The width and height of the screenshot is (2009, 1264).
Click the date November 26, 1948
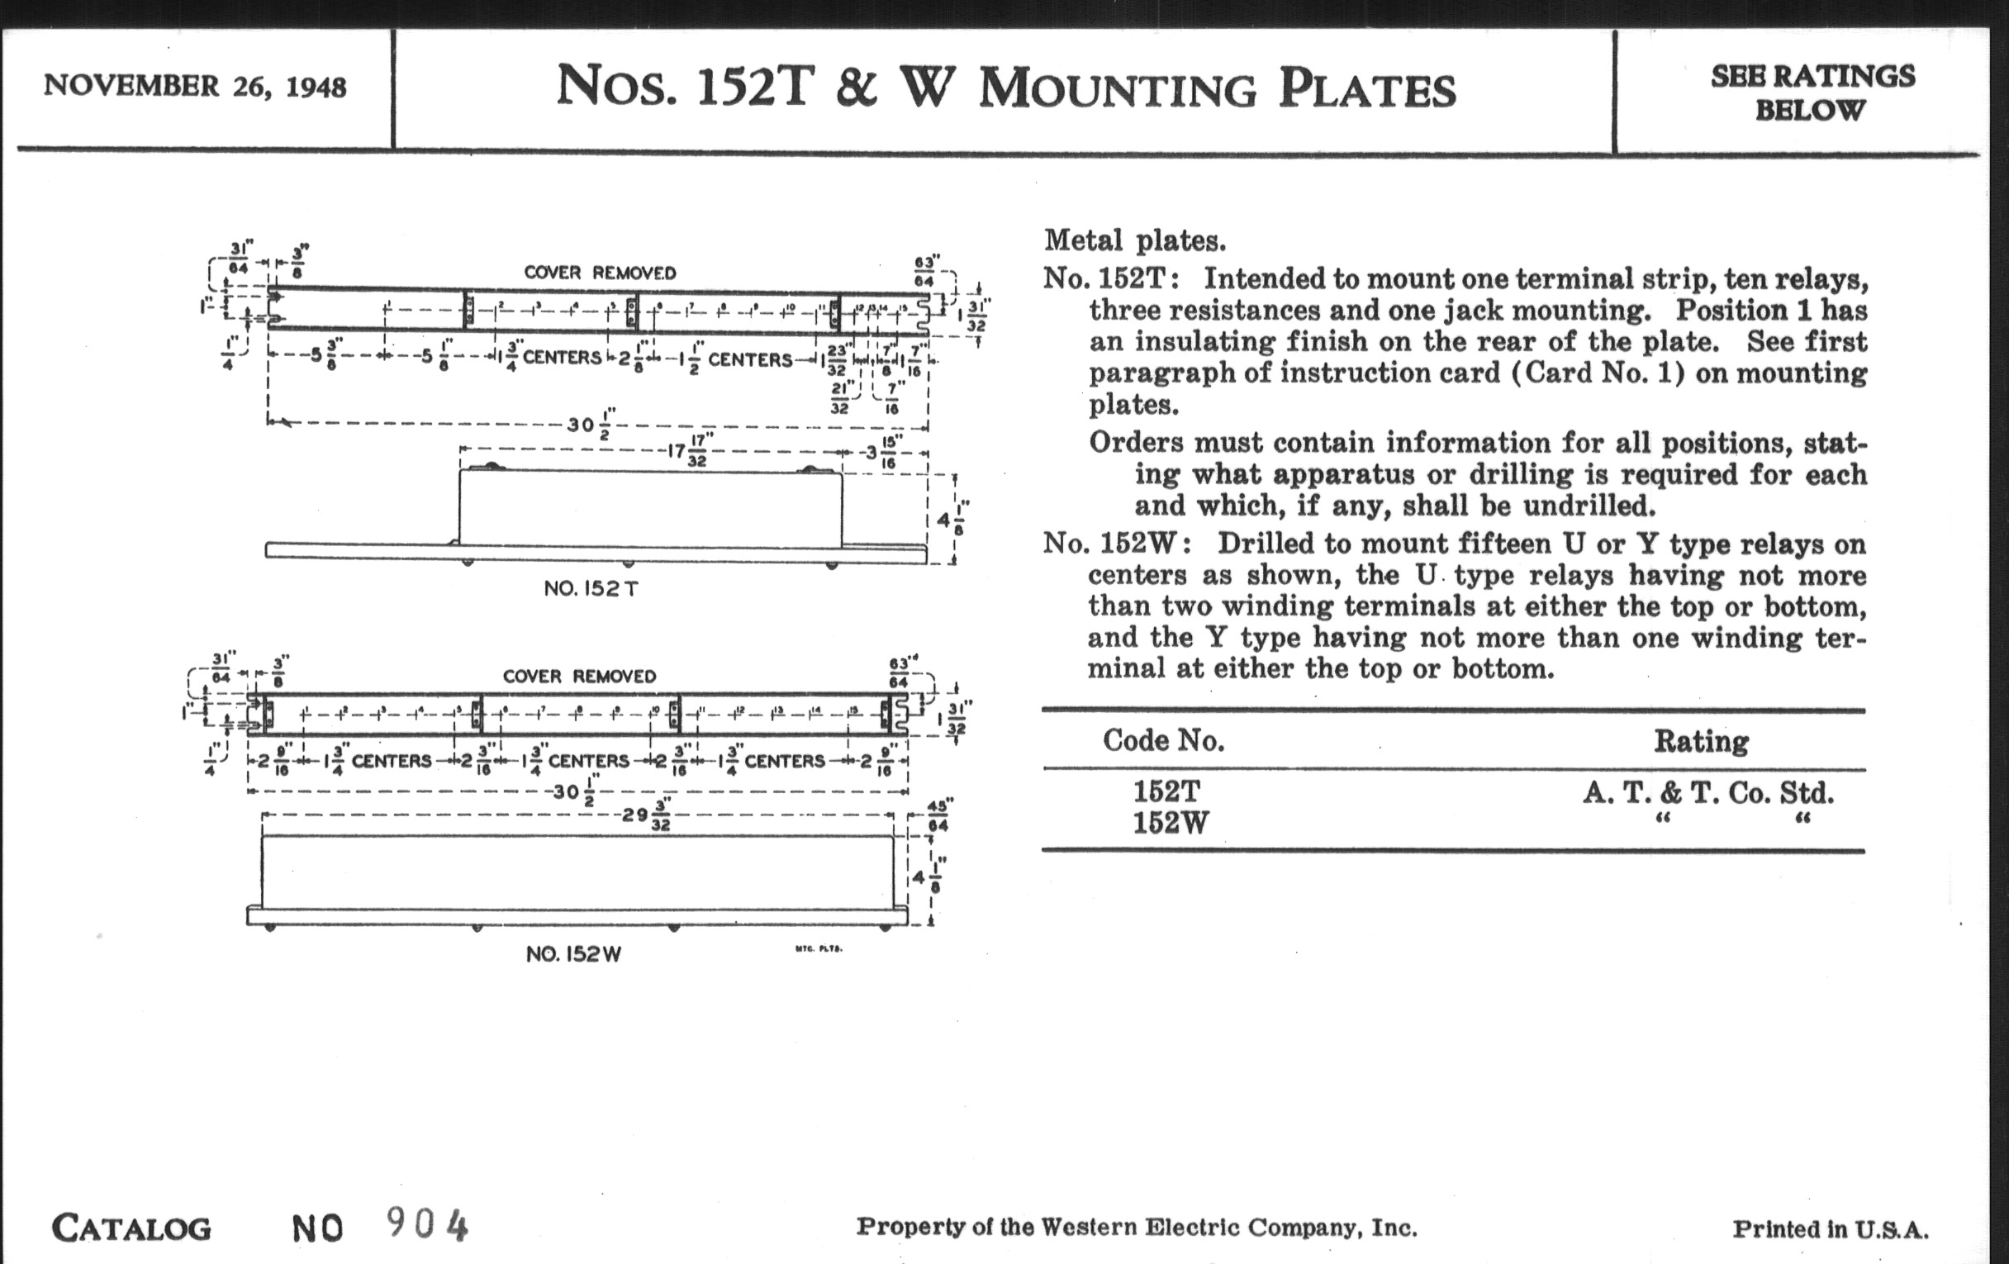click(194, 86)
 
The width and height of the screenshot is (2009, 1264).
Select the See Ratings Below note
click(1812, 92)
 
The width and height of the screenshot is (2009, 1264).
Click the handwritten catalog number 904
click(427, 1225)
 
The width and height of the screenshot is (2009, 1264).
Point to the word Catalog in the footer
click(132, 1228)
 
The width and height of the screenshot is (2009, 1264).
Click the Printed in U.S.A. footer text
click(1831, 1229)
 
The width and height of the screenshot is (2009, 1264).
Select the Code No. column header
click(1163, 740)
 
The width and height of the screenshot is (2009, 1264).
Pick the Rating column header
click(1701, 741)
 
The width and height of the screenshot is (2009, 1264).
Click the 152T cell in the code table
click(1166, 791)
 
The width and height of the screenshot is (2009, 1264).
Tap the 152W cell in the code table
click(1170, 824)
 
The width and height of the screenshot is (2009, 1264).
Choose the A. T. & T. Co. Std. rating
click(1707, 792)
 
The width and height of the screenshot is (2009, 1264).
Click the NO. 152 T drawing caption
click(591, 589)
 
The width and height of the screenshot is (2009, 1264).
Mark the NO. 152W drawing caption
click(573, 954)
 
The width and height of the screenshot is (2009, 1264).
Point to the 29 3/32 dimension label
click(647, 815)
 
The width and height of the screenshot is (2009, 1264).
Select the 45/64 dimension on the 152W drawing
click(938, 815)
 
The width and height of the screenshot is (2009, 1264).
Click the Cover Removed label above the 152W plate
click(579, 676)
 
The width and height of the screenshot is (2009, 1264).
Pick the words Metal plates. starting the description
click(1135, 241)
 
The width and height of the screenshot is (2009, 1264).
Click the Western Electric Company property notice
click(1137, 1228)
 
